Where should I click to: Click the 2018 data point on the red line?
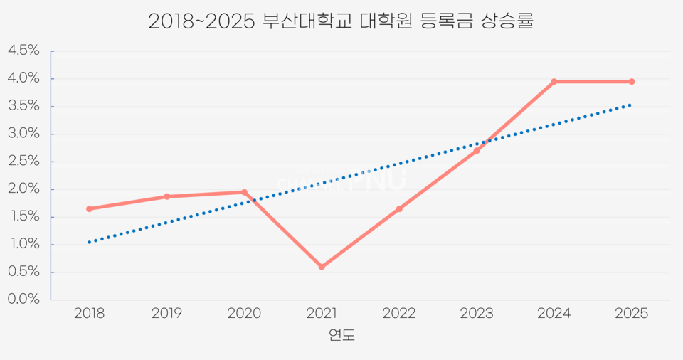89,208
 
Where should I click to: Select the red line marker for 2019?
166,196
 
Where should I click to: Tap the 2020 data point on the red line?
244,192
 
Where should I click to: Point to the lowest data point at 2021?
322,267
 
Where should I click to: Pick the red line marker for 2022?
399,208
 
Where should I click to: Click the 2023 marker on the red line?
477,150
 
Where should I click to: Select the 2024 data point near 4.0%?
554,82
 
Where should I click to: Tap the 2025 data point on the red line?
632,82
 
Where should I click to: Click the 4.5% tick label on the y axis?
23,51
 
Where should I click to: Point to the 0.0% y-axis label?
23,300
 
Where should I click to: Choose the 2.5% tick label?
23,162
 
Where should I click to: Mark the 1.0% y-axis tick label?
23,245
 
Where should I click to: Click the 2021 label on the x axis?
322,314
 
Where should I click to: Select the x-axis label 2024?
554,314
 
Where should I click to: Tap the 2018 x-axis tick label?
89,314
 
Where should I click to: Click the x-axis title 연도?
341,335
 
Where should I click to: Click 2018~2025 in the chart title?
201,21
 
